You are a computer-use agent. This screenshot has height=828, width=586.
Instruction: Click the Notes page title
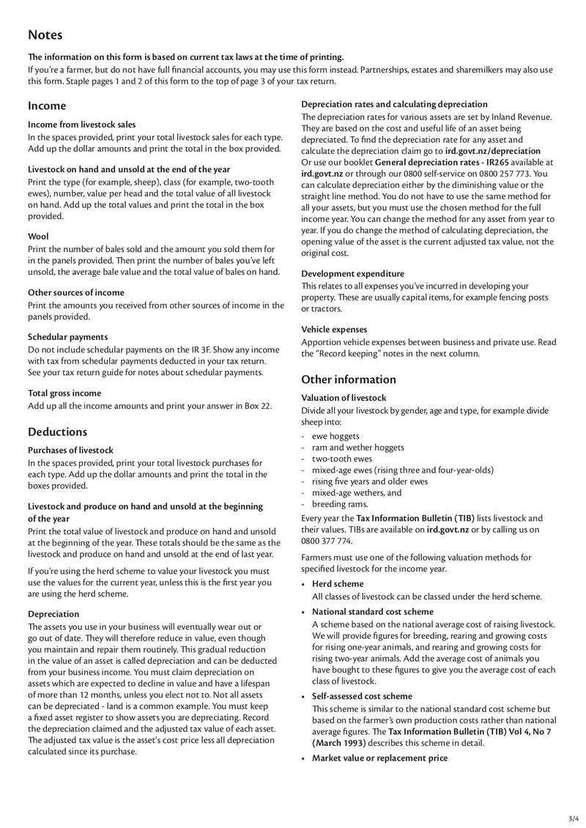(45, 35)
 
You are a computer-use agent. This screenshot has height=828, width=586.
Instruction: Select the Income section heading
(47, 106)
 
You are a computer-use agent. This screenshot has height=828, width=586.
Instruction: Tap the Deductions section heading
(57, 432)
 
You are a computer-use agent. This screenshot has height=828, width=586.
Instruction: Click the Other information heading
(349, 380)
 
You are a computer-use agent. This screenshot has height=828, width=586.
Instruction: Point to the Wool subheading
(38, 237)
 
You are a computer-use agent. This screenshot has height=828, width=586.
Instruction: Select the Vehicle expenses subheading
(334, 330)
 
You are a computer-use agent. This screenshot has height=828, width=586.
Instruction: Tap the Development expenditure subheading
(352, 273)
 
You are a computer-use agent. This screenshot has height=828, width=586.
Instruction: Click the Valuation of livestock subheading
(344, 398)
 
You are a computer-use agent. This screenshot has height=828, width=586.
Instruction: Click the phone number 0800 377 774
(327, 541)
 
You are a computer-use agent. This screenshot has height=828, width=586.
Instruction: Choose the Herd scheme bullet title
(338, 584)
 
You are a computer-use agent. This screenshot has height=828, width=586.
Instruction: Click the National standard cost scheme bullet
(372, 611)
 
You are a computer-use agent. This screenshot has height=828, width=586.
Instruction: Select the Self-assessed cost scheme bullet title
(362, 696)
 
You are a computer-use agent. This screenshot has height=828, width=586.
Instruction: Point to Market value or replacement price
(379, 758)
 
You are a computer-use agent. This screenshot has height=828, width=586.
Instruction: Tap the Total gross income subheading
(64, 393)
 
